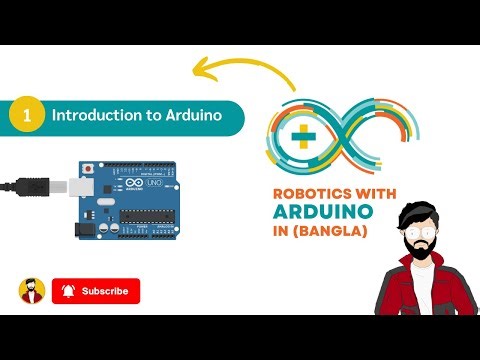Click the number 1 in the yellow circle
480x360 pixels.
[26, 115]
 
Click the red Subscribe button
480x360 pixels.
[96, 291]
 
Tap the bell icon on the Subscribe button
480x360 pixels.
[68, 291]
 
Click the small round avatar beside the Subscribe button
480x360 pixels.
[32, 291]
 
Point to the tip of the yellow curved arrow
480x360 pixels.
[194, 69]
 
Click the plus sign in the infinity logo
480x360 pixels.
[299, 138]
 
